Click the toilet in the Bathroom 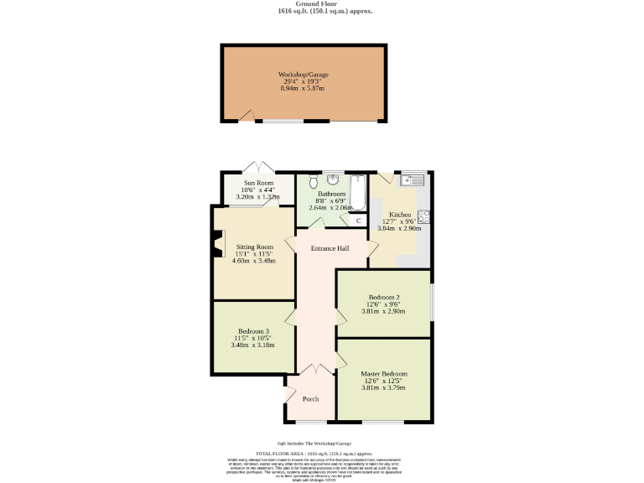click(313, 181)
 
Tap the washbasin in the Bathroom click(333, 179)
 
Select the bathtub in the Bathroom click(358, 192)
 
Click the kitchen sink click(413, 179)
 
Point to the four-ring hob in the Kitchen click(423, 216)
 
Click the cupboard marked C click(359, 221)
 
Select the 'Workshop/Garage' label click(303, 75)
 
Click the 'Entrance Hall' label click(330, 248)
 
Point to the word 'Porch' click(310, 398)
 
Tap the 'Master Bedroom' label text click(383, 373)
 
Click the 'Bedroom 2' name click(383, 297)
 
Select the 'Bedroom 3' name click(253, 331)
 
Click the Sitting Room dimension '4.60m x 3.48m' click(253, 261)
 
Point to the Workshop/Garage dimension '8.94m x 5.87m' click(303, 88)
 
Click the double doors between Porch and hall click(315, 369)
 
